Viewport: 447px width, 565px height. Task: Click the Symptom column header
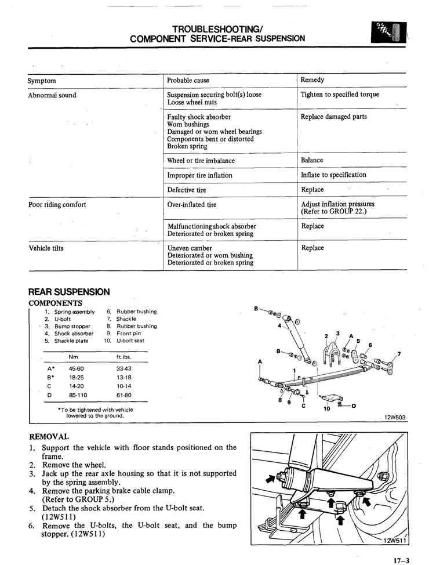point(42,80)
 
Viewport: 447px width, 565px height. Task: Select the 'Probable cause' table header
point(188,80)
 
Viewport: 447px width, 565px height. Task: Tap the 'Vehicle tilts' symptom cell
point(46,248)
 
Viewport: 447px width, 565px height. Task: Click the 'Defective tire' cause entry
point(186,190)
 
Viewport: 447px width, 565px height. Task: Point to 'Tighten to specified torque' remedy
point(340,95)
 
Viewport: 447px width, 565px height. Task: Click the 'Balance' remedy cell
point(312,160)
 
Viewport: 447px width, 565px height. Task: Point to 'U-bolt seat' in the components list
point(130,341)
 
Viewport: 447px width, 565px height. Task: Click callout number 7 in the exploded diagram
point(399,354)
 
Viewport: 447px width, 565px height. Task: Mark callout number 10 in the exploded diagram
point(327,408)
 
